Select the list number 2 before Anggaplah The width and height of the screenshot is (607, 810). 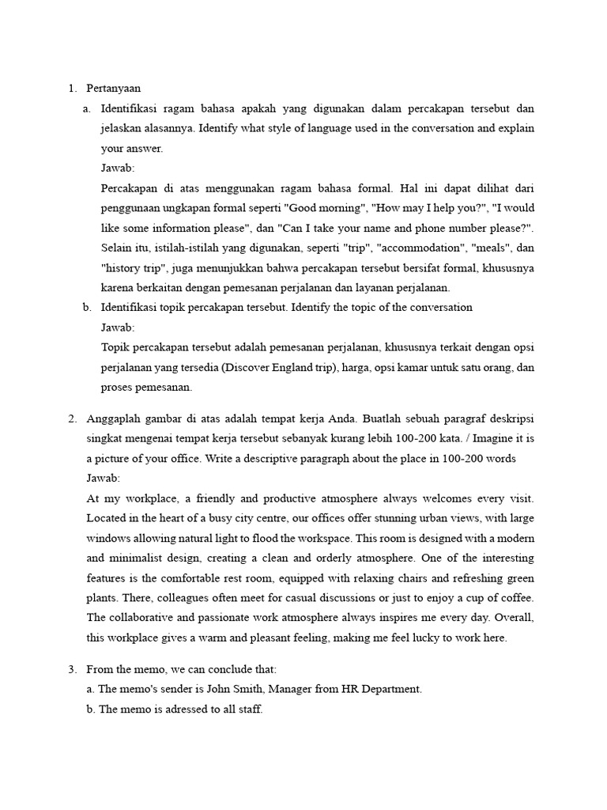(x=72, y=418)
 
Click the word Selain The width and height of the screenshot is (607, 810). (x=118, y=248)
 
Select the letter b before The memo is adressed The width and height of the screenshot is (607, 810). (x=91, y=710)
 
